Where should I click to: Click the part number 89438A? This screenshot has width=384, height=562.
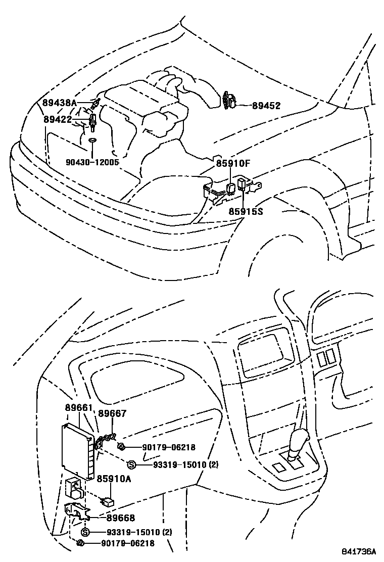(59, 103)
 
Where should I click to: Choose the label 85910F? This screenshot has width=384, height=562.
(233, 164)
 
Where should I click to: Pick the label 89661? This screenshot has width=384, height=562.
(78, 408)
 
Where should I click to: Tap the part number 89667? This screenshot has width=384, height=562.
(112, 414)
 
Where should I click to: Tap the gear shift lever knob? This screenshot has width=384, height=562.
(302, 438)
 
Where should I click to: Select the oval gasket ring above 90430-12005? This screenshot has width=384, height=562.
(92, 140)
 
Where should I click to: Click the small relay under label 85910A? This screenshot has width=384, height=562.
(107, 501)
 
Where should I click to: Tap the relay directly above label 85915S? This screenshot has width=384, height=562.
(241, 183)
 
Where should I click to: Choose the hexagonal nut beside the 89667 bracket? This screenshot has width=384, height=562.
(121, 446)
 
